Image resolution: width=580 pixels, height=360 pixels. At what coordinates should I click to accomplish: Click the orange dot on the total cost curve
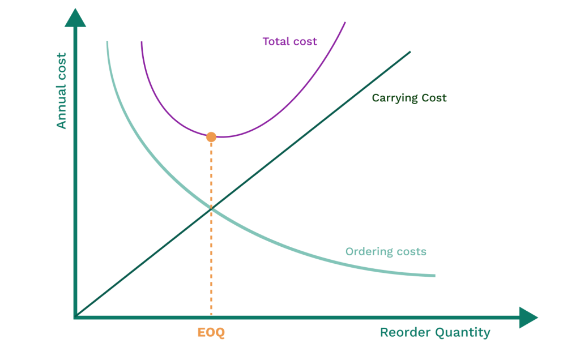tap(211, 136)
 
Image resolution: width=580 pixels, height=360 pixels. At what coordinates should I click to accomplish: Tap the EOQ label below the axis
tap(211, 333)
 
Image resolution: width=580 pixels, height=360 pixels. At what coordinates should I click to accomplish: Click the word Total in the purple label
tap(275, 41)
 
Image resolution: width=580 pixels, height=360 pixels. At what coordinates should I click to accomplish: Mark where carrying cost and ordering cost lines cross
tap(211, 208)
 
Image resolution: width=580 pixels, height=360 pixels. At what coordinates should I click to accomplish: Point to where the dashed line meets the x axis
tap(211, 317)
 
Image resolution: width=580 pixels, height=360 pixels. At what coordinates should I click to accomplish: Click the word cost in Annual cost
tap(61, 66)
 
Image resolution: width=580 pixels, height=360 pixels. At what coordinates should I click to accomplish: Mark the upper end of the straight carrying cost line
tap(410, 52)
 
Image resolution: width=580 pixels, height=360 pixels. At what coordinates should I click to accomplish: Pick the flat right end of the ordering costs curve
tap(434, 276)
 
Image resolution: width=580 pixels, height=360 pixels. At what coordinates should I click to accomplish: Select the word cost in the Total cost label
tap(305, 41)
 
